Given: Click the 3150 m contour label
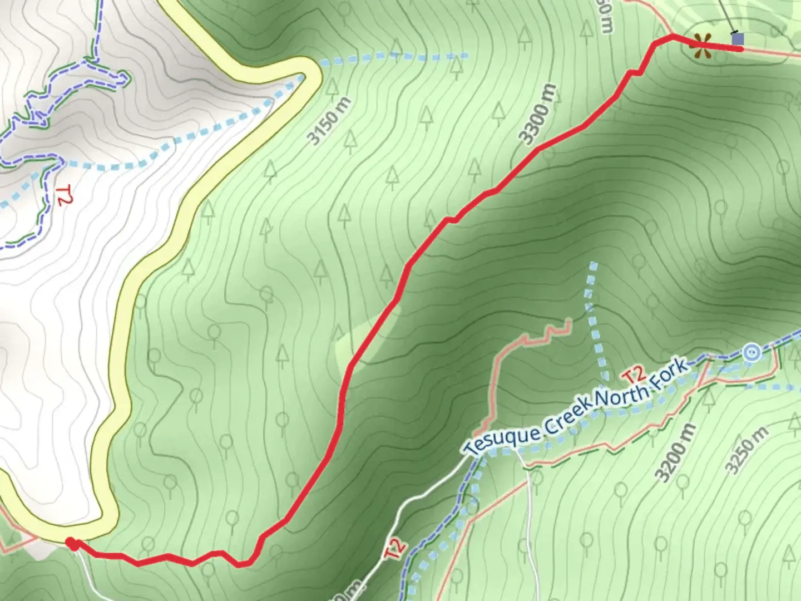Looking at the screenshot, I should (x=330, y=121).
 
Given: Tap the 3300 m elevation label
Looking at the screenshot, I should (x=537, y=115).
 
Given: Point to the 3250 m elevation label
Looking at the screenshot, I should (x=748, y=450).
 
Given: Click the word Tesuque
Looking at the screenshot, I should (x=502, y=438).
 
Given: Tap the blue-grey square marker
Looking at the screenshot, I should (x=738, y=39).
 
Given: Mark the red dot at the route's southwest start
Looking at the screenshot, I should (x=72, y=543).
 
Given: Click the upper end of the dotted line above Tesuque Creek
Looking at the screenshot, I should (x=594, y=265).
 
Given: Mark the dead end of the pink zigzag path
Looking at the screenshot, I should (x=569, y=321).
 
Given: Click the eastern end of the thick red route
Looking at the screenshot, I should (x=741, y=49).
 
